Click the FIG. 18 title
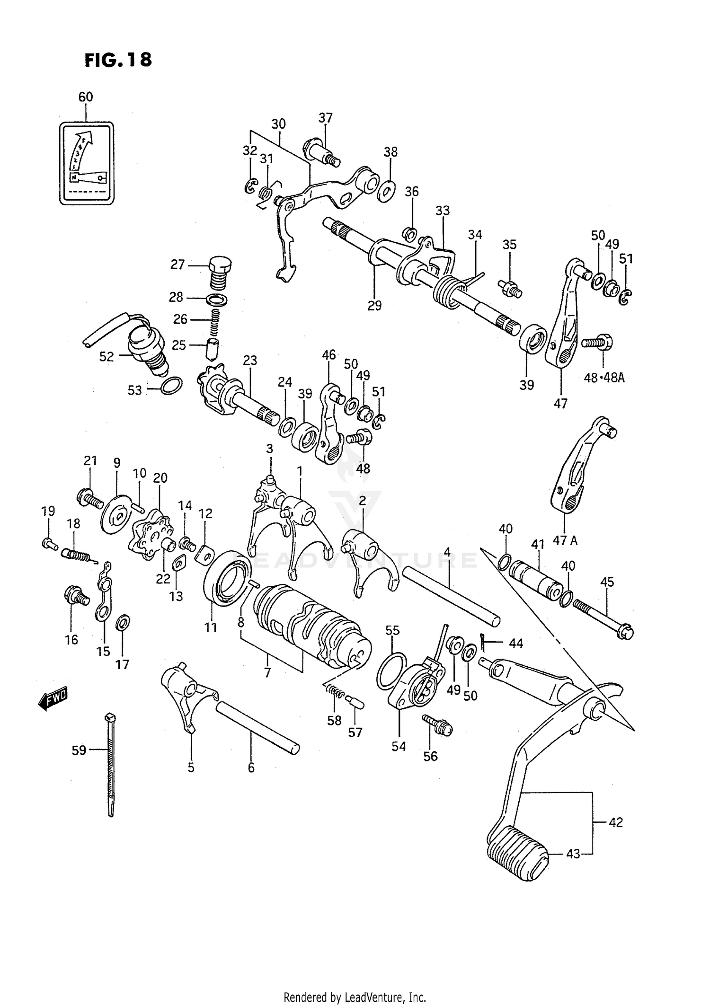click(118, 60)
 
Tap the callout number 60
click(86, 97)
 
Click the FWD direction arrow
click(53, 699)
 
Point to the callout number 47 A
click(565, 540)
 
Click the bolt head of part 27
click(220, 263)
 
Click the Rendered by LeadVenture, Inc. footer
click(355, 997)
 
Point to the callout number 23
click(250, 361)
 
